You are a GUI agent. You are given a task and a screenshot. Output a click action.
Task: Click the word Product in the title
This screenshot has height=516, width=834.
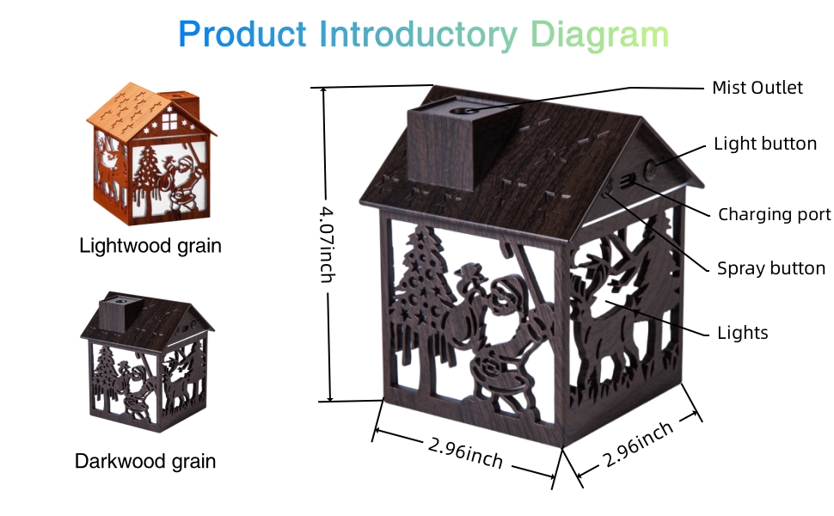click(x=242, y=34)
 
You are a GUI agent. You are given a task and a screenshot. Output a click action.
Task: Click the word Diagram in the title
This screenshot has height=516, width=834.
click(x=599, y=35)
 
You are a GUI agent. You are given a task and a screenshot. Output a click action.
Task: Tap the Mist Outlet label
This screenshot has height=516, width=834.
click(x=757, y=88)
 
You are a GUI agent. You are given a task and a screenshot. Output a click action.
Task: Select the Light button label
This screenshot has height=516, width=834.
click(x=765, y=144)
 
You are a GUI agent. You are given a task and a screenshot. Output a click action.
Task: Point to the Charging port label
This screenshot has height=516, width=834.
click(x=774, y=214)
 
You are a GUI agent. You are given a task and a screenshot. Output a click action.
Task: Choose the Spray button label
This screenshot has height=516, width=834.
click(x=771, y=268)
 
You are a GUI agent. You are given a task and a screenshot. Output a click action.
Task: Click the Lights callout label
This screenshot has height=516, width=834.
click(x=743, y=333)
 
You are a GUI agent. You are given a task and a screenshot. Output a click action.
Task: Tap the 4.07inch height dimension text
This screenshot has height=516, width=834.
click(x=327, y=244)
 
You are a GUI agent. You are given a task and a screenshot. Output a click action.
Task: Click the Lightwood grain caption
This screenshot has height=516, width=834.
click(x=150, y=246)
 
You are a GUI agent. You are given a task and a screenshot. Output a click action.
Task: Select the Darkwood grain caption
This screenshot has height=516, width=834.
click(x=145, y=461)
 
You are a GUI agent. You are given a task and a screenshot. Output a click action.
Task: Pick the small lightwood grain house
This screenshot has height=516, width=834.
click(x=150, y=154)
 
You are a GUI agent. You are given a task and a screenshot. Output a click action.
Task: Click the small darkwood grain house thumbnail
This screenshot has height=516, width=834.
click(x=147, y=361)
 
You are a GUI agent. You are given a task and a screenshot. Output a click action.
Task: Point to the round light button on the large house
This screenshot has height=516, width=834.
click(x=651, y=171)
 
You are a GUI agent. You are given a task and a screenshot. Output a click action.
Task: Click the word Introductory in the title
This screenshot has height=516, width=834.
click(x=418, y=35)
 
